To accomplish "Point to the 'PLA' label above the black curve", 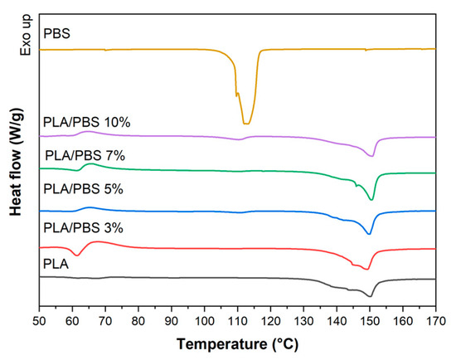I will pyautogui.click(x=57, y=263).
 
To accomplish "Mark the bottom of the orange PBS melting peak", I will pyautogui.click(x=245, y=124).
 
